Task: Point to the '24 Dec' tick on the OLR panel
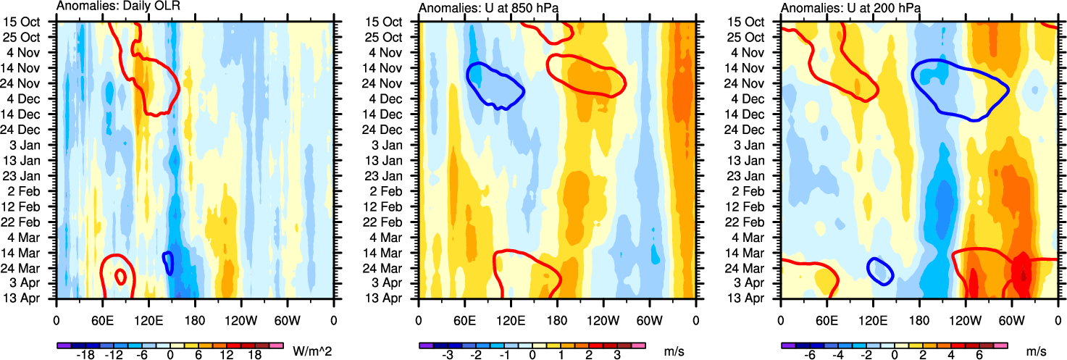click(x=33, y=130)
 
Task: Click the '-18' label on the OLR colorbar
click(x=85, y=356)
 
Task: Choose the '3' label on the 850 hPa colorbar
click(x=616, y=356)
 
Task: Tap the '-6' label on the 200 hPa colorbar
click(x=810, y=356)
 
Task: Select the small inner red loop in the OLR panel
click(x=120, y=276)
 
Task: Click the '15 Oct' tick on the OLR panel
click(x=33, y=22)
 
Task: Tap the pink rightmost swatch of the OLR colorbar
click(x=275, y=346)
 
